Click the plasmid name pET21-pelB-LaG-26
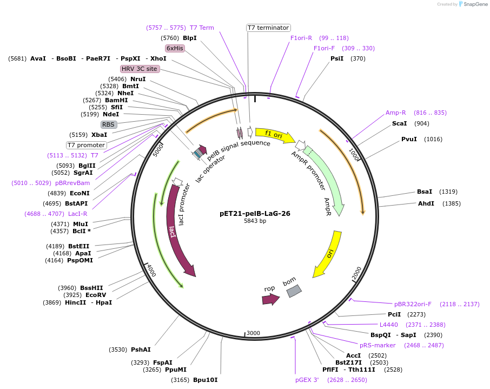255,213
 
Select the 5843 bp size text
255,221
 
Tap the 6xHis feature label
175,48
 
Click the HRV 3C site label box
140,69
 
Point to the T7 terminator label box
268,28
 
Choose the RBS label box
108,124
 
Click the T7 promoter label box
86,145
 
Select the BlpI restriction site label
189,38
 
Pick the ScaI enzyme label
399,123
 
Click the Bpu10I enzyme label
205,380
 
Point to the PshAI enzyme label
141,350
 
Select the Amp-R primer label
395,113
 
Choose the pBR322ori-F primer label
413,304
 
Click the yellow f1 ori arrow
275,135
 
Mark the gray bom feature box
294,291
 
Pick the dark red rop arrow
270,298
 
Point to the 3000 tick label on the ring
253,333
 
